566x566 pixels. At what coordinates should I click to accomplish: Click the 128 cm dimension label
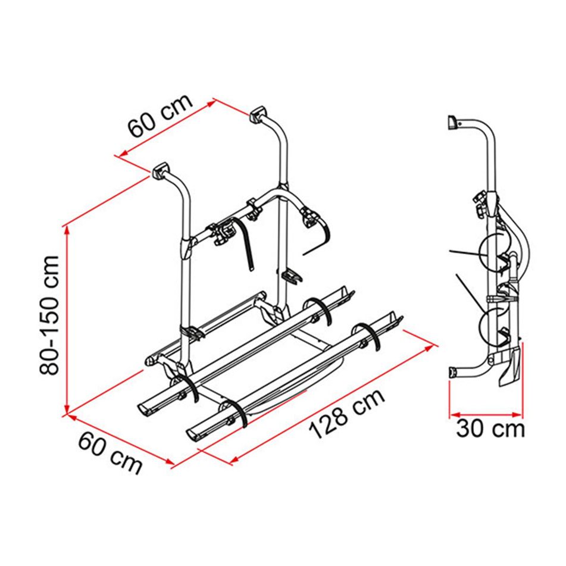[x=347, y=414]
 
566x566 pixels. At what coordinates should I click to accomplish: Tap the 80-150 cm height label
[x=49, y=315]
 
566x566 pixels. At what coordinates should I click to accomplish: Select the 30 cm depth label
[x=490, y=429]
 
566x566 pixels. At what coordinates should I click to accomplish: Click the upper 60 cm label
[x=160, y=116]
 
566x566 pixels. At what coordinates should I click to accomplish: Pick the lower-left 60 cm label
[x=110, y=453]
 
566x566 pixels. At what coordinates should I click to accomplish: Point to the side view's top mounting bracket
[x=452, y=123]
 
